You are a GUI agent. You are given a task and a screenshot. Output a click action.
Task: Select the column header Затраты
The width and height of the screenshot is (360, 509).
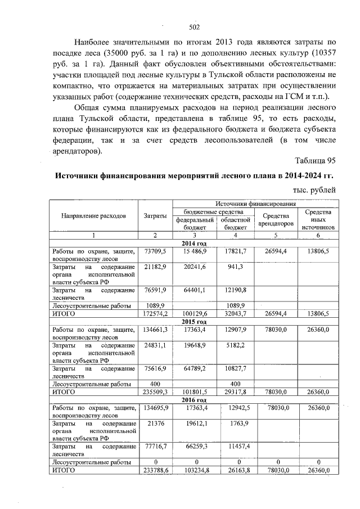point(155,215)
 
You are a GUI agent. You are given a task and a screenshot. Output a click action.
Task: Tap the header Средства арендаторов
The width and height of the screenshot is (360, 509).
point(276,219)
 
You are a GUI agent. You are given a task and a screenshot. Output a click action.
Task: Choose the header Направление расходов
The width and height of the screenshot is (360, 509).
point(94,215)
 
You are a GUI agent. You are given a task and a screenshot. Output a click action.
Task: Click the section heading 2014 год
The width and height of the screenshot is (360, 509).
point(195,242)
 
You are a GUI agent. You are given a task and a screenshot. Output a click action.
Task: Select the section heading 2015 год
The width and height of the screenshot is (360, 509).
point(195,321)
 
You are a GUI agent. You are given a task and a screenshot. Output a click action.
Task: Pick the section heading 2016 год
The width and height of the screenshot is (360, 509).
point(195,399)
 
